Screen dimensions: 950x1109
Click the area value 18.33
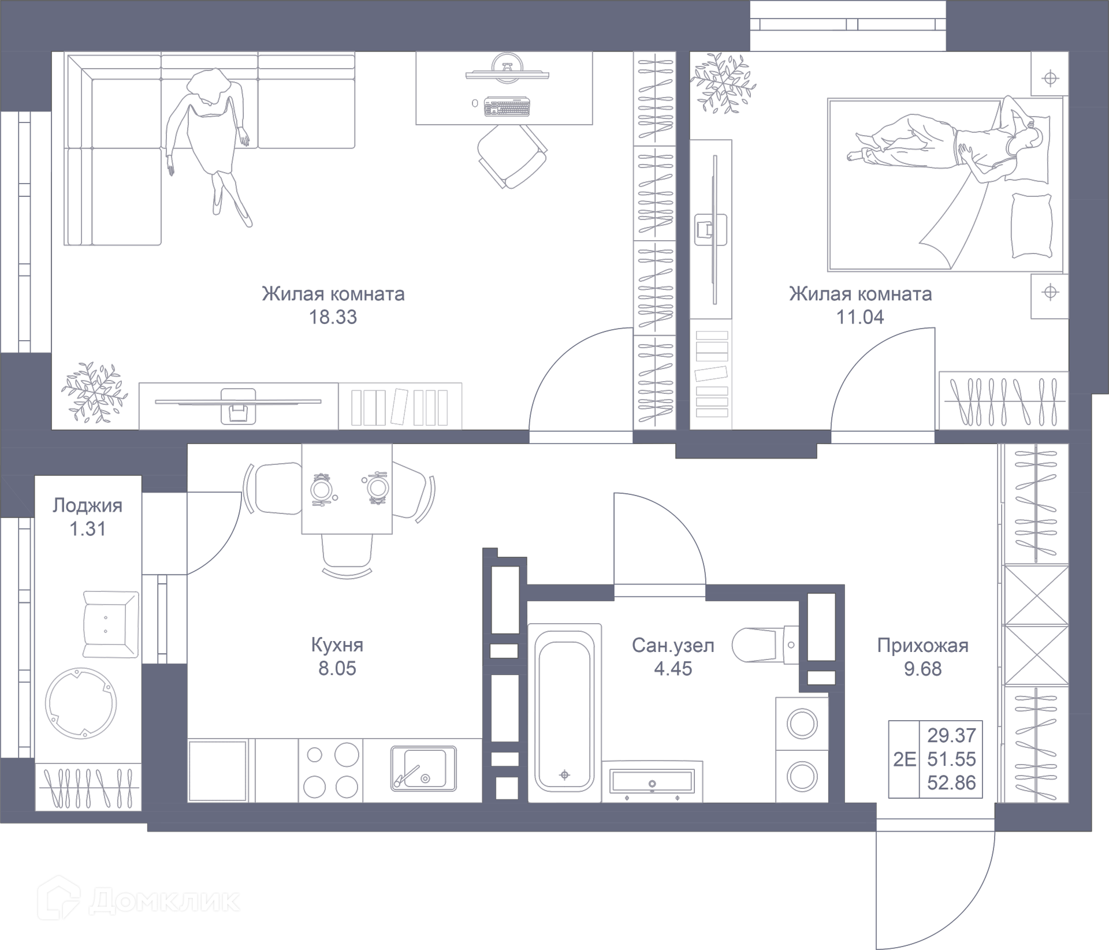coord(333,317)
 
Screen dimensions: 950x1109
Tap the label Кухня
coord(337,644)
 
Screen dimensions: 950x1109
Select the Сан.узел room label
coord(673,645)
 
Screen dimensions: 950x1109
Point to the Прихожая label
coord(922,645)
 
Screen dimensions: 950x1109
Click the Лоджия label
coord(87,505)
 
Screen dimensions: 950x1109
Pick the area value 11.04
coord(860,317)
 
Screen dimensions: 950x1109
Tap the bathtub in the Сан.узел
coord(564,714)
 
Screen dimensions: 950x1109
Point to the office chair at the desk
coord(512,156)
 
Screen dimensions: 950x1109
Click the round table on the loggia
coord(81,703)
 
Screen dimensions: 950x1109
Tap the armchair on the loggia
coord(110,624)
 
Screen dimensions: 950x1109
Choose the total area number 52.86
coord(951,783)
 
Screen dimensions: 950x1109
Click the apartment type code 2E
coord(904,759)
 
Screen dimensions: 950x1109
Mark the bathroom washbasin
coord(652,782)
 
